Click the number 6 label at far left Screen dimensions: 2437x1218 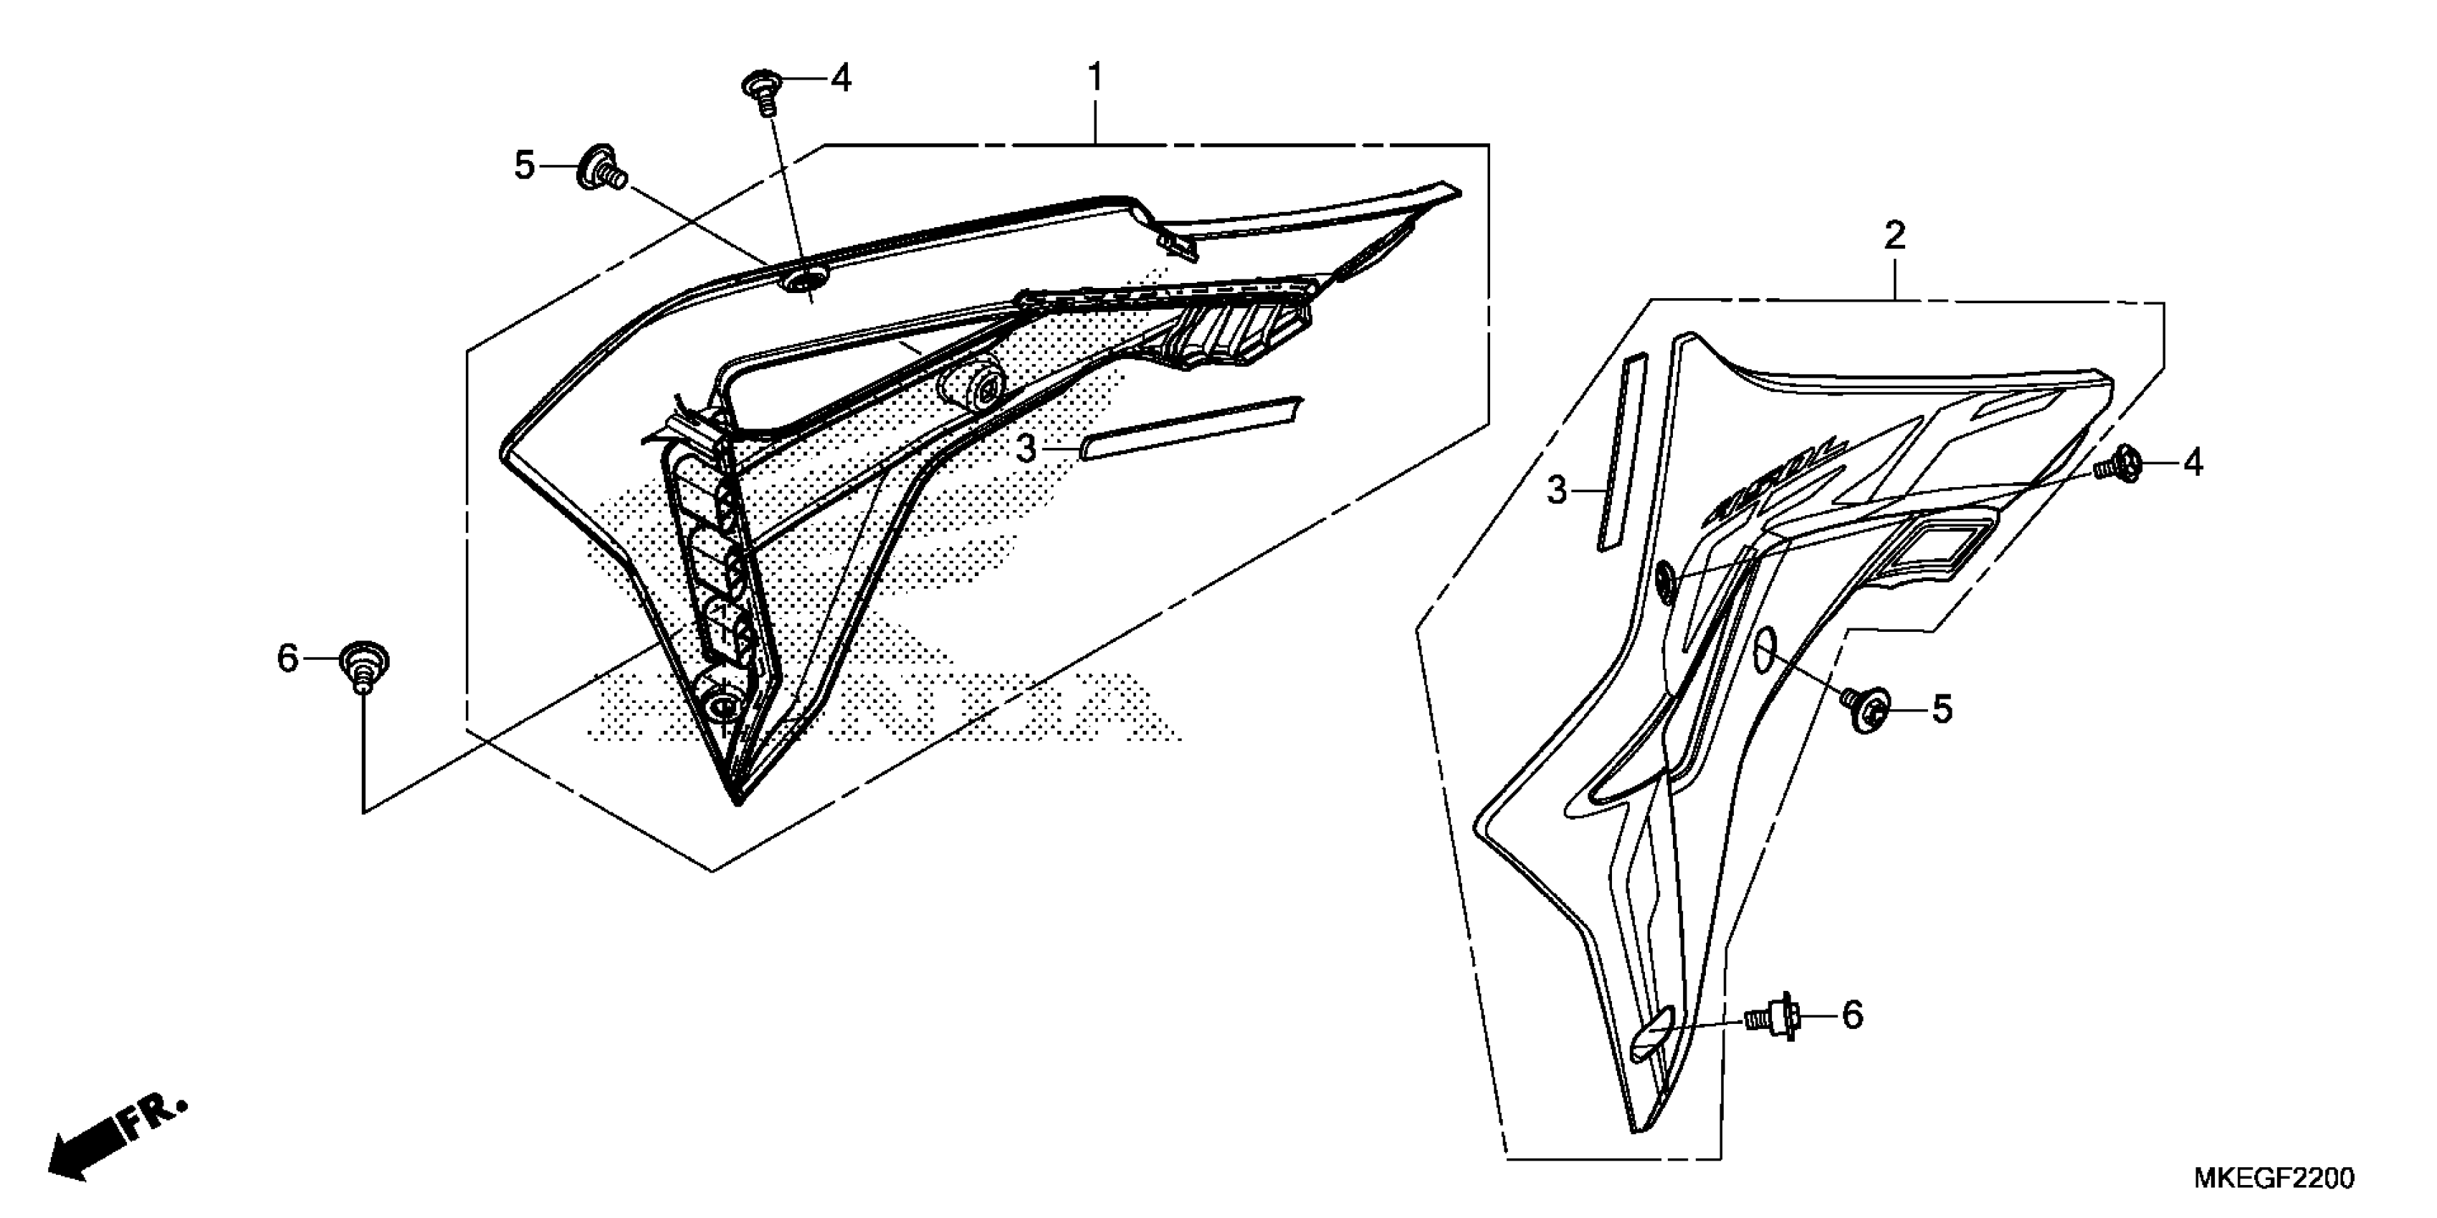click(287, 658)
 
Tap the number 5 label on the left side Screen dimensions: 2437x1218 click(524, 166)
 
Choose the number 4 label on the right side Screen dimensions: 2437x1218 click(2193, 464)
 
